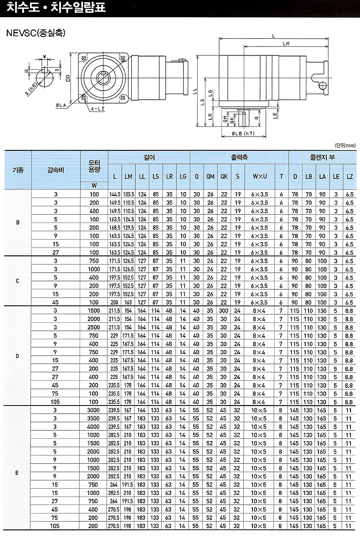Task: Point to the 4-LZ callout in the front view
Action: [x=97, y=109]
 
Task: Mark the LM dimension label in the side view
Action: [x=286, y=44]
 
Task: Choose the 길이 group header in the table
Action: [x=150, y=158]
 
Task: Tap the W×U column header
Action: [x=260, y=176]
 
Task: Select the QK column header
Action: [x=224, y=176]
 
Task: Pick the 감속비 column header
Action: [x=56, y=170]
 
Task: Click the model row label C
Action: [x=18, y=281]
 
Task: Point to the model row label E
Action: [x=18, y=473]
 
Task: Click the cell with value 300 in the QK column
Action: [x=224, y=311]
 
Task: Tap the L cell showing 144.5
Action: [x=115, y=194]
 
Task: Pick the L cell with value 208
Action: [x=115, y=302]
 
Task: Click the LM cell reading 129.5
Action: [x=128, y=227]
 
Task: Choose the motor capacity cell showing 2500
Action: [x=94, y=327]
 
